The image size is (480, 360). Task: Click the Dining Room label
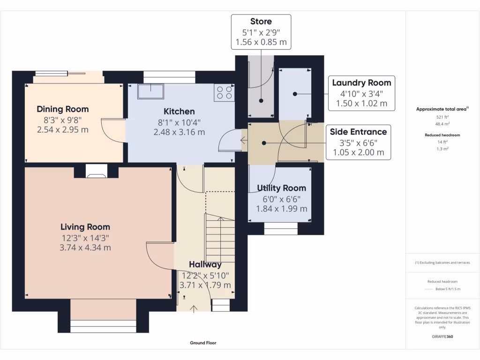tap(63, 109)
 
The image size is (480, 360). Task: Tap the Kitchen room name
tap(179, 112)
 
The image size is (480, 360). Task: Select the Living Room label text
tap(85, 227)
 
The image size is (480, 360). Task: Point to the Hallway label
tap(205, 264)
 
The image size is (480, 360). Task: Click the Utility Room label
tap(282, 188)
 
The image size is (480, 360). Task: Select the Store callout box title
tap(261, 22)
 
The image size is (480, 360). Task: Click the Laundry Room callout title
tap(361, 82)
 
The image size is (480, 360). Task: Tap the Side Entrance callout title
tap(359, 132)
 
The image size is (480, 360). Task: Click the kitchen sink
tap(150, 91)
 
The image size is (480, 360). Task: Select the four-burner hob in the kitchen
tap(224, 92)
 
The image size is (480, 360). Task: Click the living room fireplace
tap(97, 171)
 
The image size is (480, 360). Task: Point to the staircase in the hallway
tap(220, 238)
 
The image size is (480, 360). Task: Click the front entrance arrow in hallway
tap(194, 308)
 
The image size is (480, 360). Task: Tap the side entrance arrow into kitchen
tap(244, 141)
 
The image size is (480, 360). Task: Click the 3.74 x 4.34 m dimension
tap(85, 247)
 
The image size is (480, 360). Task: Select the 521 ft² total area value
tap(442, 117)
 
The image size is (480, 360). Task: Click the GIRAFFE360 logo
tap(442, 337)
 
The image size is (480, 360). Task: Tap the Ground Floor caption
tap(203, 343)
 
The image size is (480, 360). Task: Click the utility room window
tap(281, 229)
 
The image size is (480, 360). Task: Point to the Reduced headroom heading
tap(442, 135)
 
